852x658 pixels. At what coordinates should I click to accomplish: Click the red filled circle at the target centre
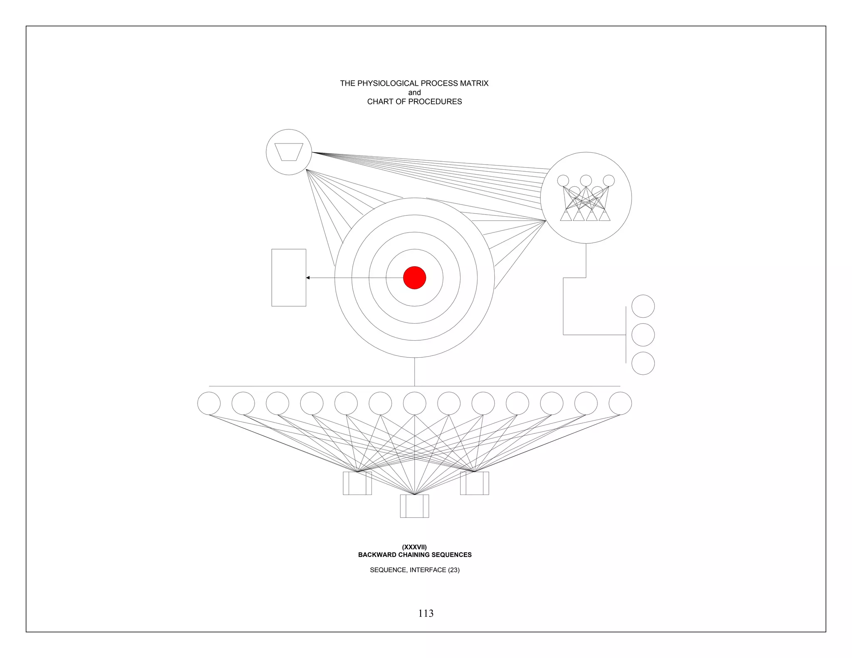click(414, 277)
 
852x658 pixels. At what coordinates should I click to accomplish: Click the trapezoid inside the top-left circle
click(289, 152)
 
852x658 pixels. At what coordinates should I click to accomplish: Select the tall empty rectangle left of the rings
click(289, 277)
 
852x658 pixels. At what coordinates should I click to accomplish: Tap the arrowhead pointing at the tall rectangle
click(308, 277)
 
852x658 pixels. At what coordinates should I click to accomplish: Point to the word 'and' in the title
click(414, 92)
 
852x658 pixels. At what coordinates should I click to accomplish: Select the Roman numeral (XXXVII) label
click(414, 547)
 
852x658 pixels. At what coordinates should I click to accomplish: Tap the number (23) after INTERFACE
click(454, 570)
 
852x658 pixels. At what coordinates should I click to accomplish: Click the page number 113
click(426, 613)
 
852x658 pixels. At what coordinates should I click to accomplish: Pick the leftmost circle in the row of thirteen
click(209, 403)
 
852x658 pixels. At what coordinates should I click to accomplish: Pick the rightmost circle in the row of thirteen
click(620, 403)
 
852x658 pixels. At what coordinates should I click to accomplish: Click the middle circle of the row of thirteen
click(414, 403)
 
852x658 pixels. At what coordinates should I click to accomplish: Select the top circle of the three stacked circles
click(643, 306)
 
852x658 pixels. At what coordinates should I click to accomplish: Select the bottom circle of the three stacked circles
click(643, 363)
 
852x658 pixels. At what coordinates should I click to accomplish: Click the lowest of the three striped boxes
click(414, 506)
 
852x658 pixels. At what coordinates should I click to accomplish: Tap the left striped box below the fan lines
click(357, 483)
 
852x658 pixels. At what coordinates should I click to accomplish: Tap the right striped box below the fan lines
click(474, 483)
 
